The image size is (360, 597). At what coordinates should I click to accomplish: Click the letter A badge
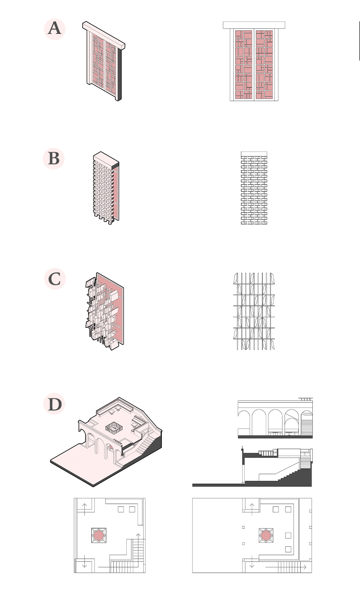[54, 29]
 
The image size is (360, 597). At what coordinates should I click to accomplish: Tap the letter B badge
[54, 159]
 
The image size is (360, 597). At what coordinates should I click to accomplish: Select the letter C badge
[54, 279]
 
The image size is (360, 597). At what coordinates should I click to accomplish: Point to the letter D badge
[54, 404]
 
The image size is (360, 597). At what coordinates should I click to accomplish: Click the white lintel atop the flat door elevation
[254, 25]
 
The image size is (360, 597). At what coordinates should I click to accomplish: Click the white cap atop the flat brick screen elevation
[254, 154]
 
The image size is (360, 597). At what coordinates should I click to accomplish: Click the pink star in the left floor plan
[99, 535]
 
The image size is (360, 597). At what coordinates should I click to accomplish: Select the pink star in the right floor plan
[266, 535]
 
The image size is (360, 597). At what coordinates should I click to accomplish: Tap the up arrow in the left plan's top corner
[85, 509]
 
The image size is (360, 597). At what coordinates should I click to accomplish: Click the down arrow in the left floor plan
[84, 562]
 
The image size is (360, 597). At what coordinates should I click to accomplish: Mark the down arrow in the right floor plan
[251, 561]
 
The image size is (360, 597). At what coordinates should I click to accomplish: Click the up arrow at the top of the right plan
[251, 509]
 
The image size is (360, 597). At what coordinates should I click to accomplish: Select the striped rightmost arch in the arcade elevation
[306, 423]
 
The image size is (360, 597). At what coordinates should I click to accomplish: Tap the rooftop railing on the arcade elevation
[306, 399]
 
